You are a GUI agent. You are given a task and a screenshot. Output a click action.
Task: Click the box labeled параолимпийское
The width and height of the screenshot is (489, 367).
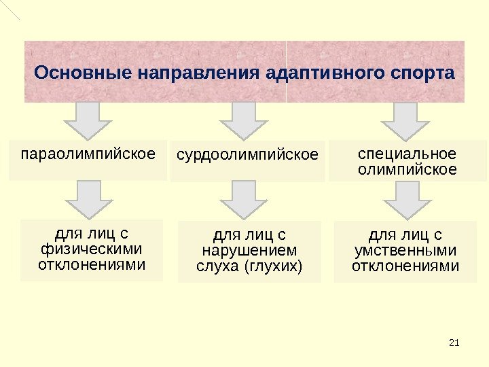coord(88,160)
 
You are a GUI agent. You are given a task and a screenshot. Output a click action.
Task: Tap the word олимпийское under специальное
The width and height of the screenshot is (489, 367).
coord(407,169)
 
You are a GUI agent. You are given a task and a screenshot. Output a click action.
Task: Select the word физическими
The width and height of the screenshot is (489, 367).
coord(92,249)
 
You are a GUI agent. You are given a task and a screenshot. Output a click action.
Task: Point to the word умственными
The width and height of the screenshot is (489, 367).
coord(405,251)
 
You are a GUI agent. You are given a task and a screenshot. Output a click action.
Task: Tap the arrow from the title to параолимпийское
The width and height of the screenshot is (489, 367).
coord(88,120)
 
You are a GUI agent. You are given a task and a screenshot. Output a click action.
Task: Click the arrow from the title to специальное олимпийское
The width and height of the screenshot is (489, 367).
coord(405,120)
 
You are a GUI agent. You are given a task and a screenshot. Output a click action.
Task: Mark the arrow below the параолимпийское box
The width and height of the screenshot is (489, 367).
coord(88,199)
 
